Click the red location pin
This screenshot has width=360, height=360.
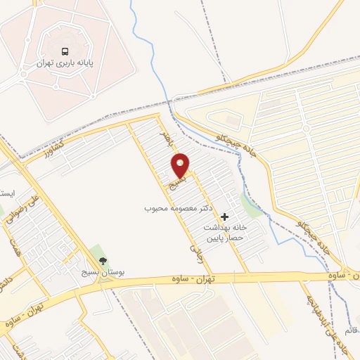click(181, 165)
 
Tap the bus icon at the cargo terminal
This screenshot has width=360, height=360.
click(65, 51)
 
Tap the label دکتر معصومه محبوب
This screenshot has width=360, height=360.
click(179, 209)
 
